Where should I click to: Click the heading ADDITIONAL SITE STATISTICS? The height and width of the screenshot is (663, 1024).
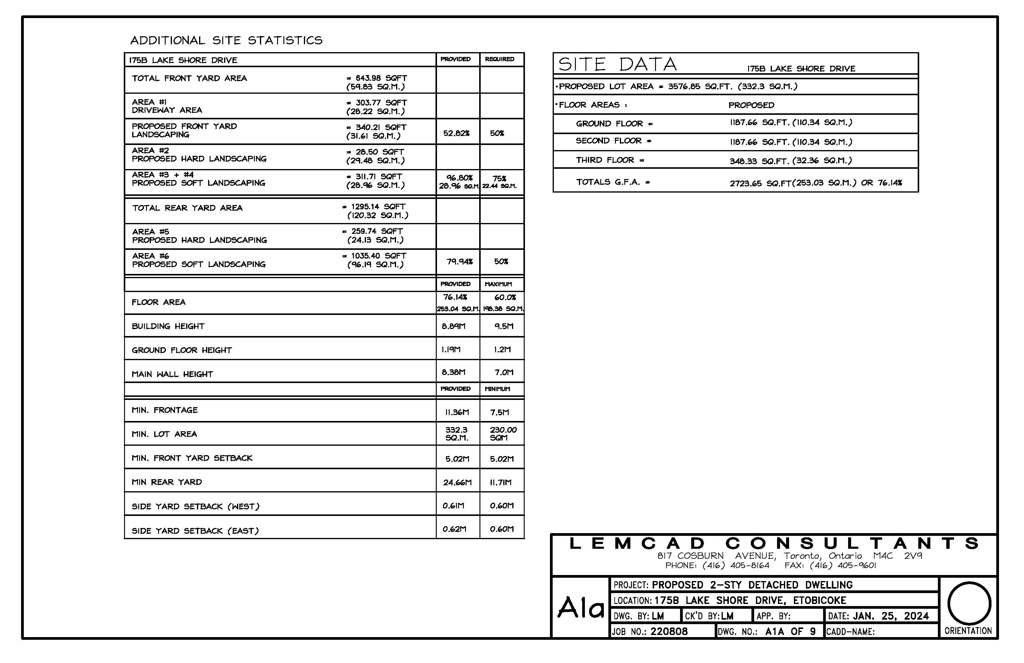(226, 40)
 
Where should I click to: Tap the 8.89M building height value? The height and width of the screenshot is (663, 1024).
(454, 326)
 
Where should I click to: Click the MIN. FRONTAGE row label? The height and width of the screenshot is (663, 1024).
(164, 410)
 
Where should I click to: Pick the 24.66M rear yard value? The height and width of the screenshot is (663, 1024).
(457, 482)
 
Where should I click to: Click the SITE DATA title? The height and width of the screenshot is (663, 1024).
(617, 64)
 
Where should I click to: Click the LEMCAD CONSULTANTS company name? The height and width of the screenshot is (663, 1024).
(774, 544)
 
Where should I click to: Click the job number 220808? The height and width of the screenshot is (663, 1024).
(669, 632)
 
